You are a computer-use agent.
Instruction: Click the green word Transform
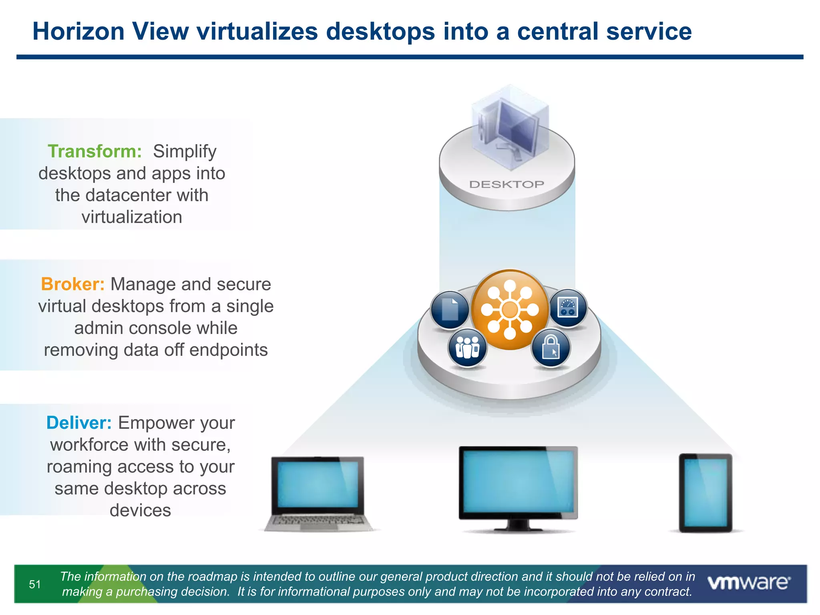click(94, 152)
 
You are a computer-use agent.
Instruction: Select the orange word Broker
click(72, 284)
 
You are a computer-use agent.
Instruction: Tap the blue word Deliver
click(79, 423)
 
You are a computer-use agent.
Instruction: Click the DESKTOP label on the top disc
click(506, 185)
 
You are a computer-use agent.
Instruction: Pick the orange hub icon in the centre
click(510, 310)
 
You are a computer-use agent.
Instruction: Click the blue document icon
click(450, 310)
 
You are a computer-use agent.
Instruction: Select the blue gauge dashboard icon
click(568, 307)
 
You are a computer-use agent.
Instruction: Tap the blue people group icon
click(467, 347)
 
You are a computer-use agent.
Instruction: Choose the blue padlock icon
click(551, 347)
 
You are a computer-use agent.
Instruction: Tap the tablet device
click(705, 492)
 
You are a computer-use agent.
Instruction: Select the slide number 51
click(35, 584)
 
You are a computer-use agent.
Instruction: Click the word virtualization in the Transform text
click(132, 217)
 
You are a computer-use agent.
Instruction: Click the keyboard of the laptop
click(318, 521)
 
